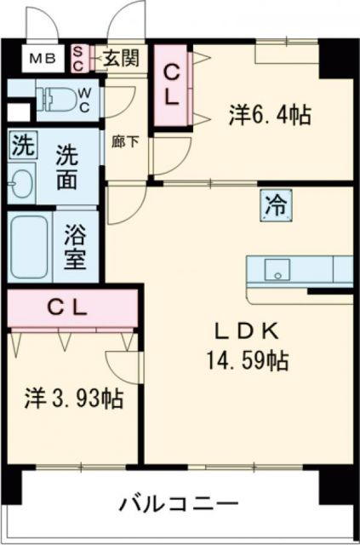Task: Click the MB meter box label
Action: (x=40, y=59)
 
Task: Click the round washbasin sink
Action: (x=21, y=182)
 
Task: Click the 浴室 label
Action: (x=77, y=246)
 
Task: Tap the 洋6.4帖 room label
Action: (x=268, y=112)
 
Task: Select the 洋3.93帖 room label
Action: (x=72, y=397)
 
